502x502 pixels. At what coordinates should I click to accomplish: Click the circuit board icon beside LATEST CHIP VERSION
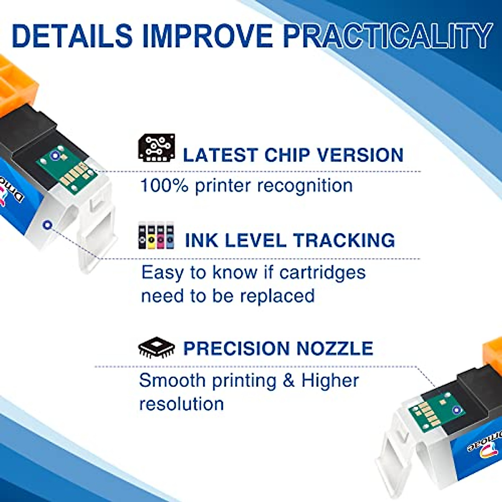(x=156, y=148)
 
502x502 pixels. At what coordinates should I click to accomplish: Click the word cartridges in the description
(x=322, y=273)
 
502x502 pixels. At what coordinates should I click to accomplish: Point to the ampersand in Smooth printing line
(x=289, y=381)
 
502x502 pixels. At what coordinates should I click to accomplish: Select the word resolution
(x=182, y=405)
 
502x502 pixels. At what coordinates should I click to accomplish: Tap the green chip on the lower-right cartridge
(x=435, y=412)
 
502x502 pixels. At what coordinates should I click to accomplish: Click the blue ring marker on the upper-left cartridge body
(x=48, y=225)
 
